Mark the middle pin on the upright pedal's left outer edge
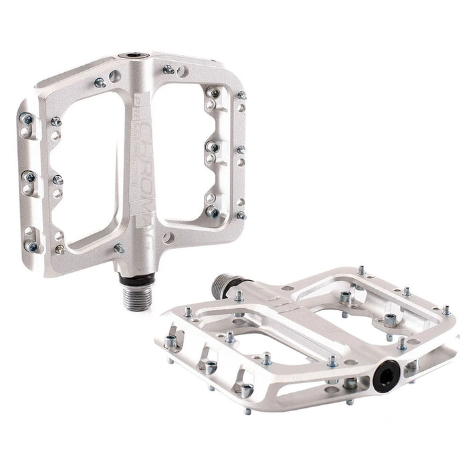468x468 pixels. tap(29, 177)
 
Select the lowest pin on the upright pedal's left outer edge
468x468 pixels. tap(31, 246)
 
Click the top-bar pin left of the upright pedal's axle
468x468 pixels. tap(100, 82)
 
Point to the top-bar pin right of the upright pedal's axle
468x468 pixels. tap(168, 69)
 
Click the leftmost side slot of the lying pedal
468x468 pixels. tap(176, 334)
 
